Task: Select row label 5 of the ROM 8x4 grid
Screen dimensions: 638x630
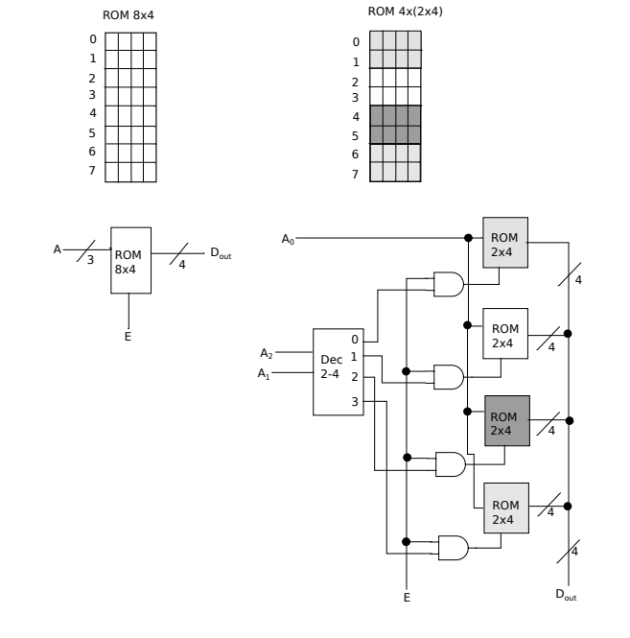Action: pyautogui.click(x=92, y=133)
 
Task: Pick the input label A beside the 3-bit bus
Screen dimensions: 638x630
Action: pyautogui.click(x=57, y=248)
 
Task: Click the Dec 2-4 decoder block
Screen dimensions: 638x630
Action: pyautogui.click(x=332, y=371)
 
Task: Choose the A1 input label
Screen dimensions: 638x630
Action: pyautogui.click(x=266, y=374)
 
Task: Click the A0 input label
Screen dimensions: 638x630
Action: pyautogui.click(x=288, y=238)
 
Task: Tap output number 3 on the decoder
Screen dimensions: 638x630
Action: pyautogui.click(x=355, y=401)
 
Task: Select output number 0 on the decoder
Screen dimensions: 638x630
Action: pyautogui.click(x=355, y=339)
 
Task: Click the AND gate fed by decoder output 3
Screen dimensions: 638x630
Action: pyautogui.click(x=452, y=547)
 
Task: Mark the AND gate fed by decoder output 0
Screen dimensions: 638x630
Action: pyautogui.click(x=449, y=284)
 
